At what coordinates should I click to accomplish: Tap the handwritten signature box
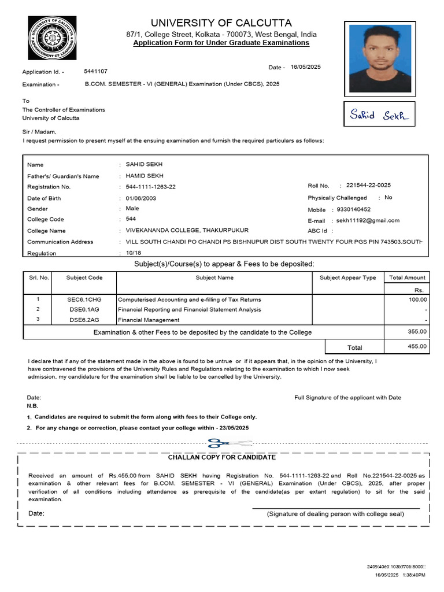pos(379,114)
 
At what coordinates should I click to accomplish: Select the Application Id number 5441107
pos(95,71)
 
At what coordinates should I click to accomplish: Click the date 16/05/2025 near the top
pos(305,67)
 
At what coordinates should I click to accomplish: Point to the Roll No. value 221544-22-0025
pos(368,186)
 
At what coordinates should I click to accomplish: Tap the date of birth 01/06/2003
pos(141,198)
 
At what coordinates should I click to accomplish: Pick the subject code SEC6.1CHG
pos(84,299)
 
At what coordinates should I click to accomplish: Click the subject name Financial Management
pos(149,320)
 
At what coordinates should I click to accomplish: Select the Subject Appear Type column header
pos(347,277)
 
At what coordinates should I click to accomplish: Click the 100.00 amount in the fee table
pos(417,299)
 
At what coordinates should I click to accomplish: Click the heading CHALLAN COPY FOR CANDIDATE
pos(222,457)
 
